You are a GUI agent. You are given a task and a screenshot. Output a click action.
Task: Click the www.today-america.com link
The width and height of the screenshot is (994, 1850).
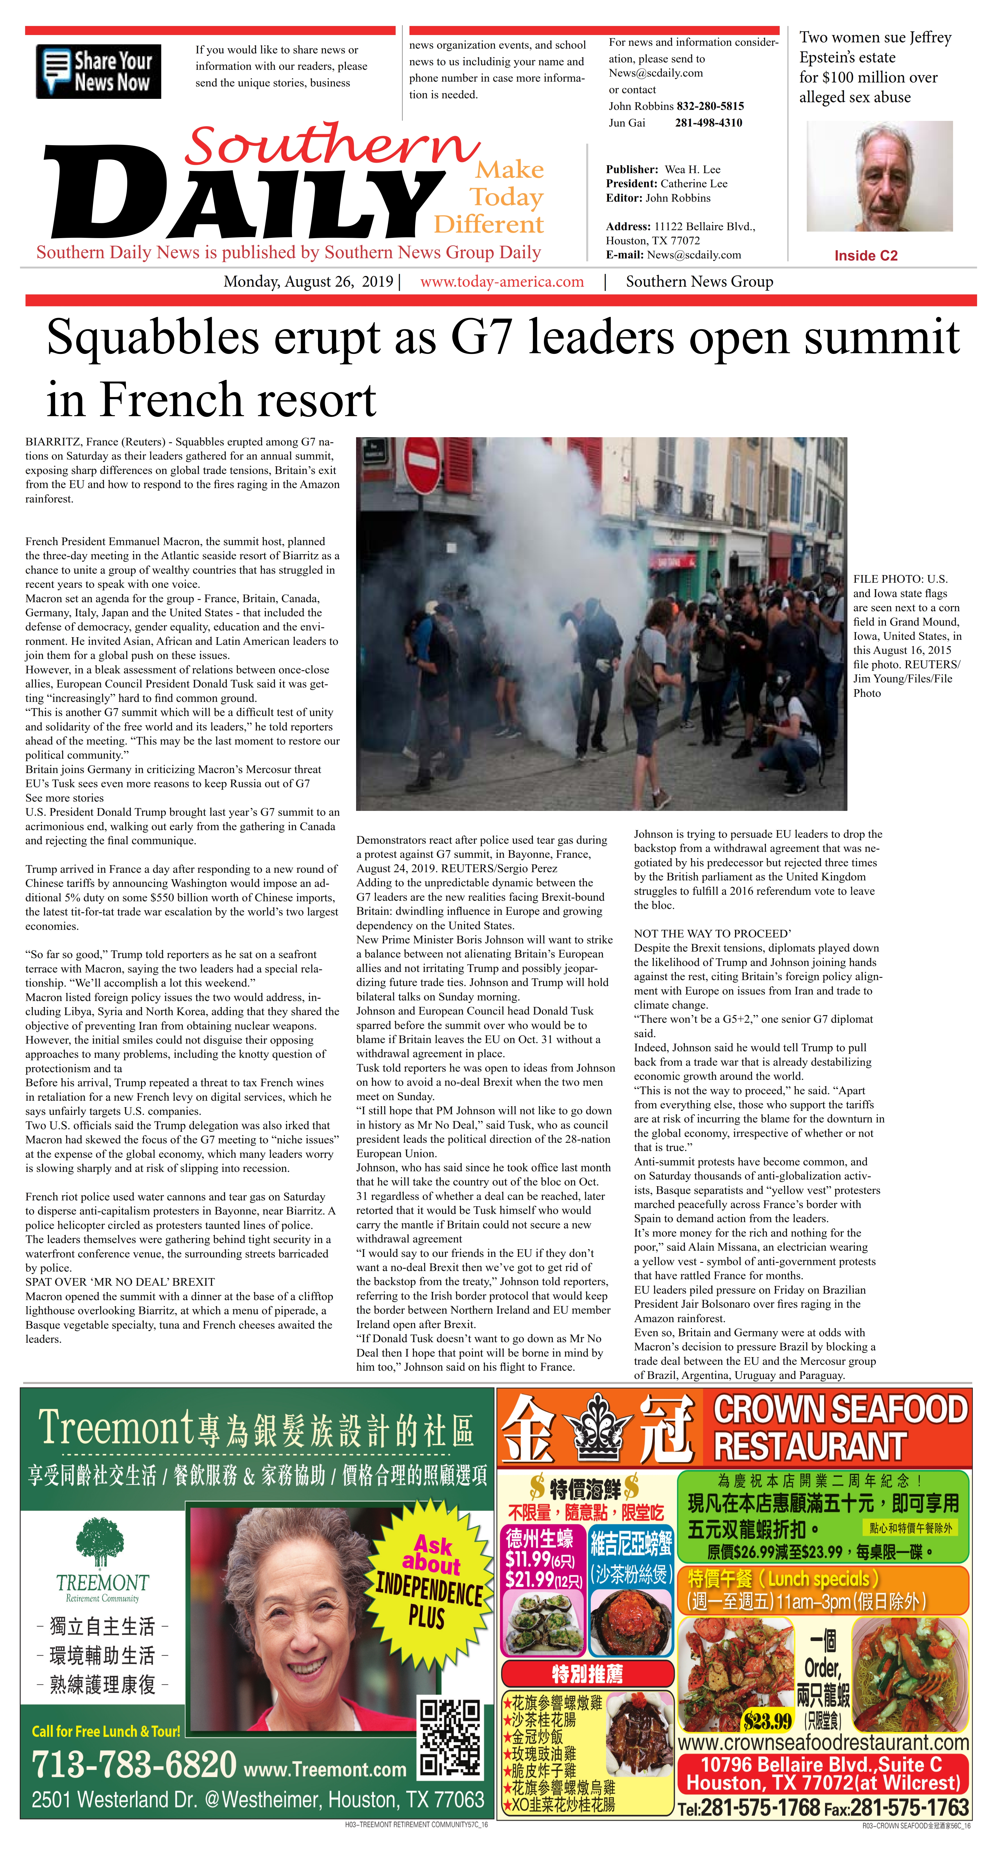click(x=502, y=282)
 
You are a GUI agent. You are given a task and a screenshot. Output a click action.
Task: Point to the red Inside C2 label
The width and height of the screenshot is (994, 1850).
click(x=866, y=256)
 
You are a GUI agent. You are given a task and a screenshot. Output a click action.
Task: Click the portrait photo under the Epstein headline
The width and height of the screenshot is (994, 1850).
click(x=879, y=176)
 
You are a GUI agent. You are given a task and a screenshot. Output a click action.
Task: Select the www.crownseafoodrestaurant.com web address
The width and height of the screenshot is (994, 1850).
click(x=823, y=1742)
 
